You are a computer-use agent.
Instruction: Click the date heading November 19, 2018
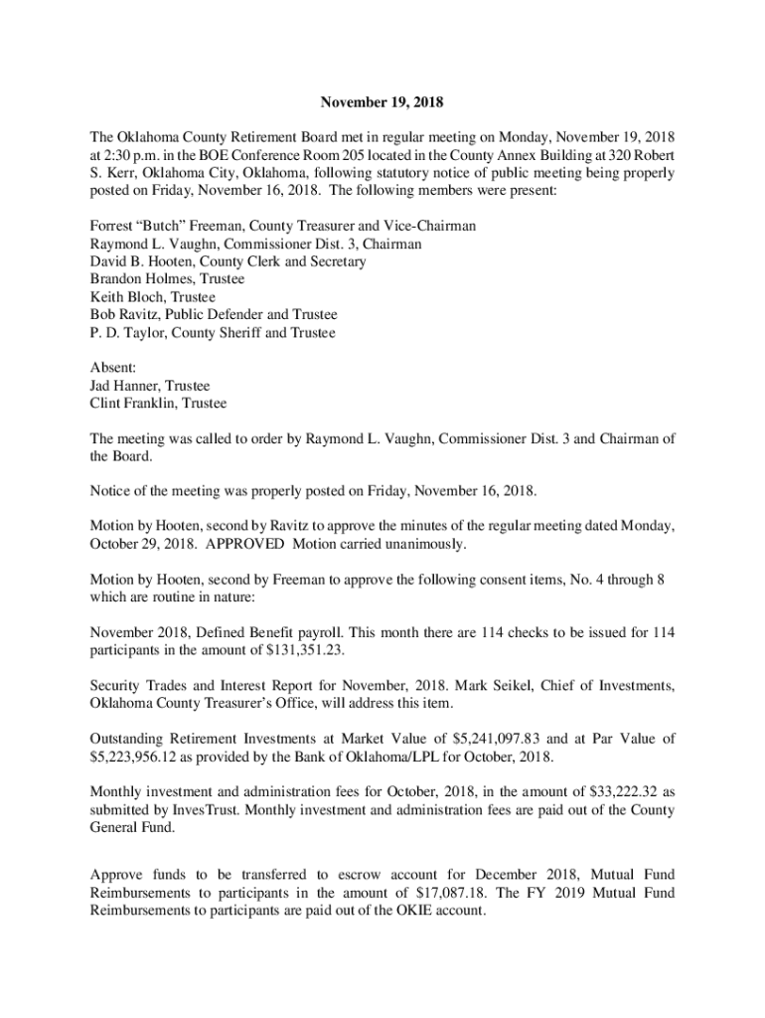point(382,102)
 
